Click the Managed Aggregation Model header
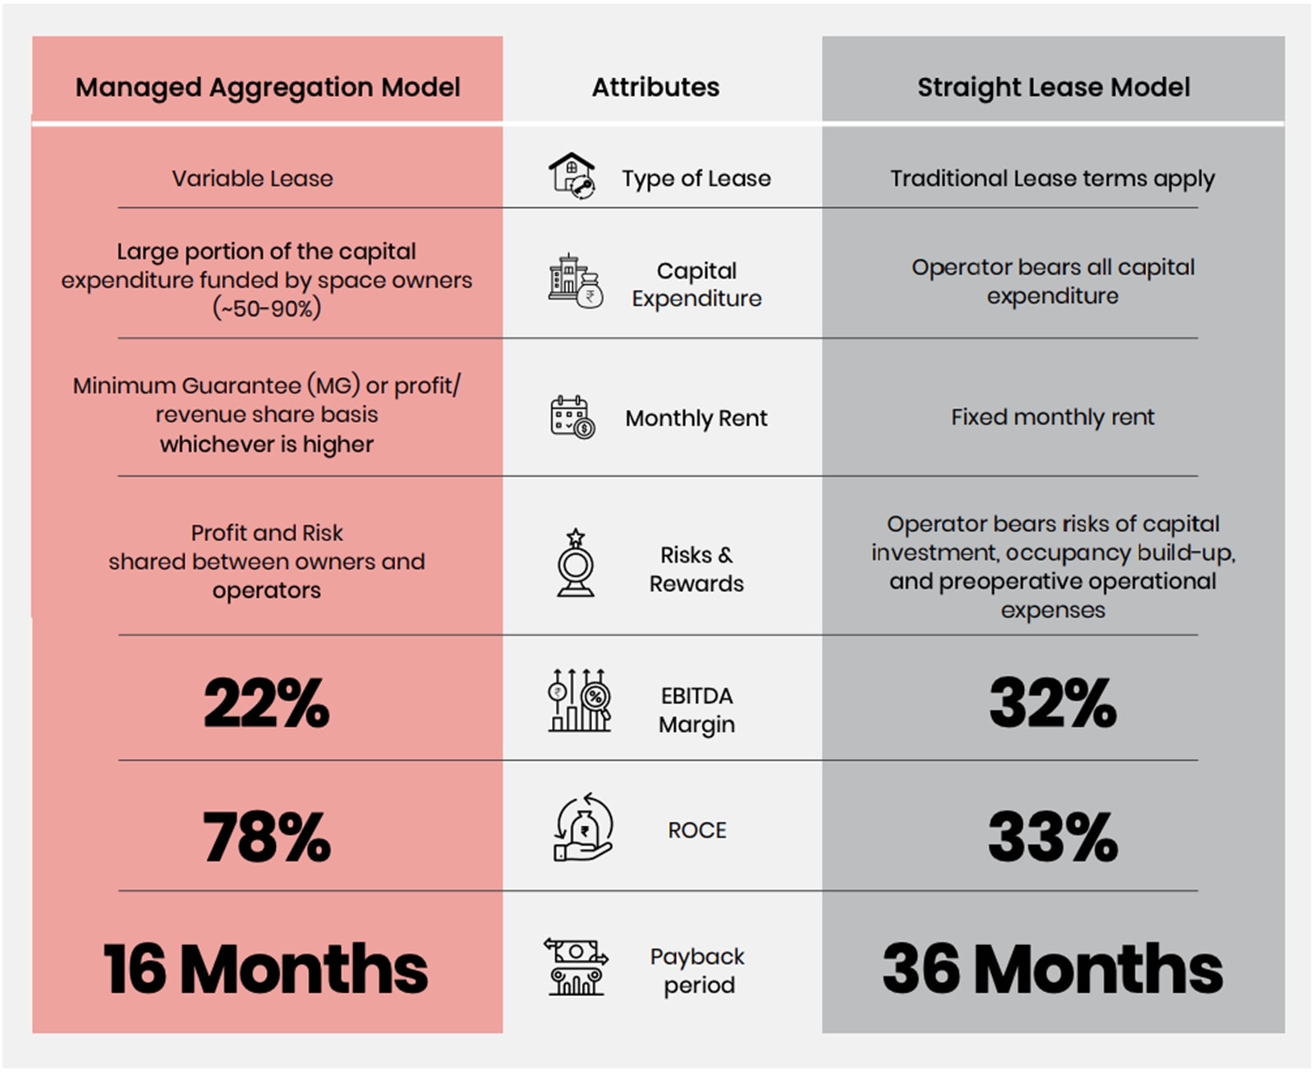pos(268,87)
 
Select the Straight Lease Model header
pos(1053,87)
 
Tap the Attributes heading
pos(655,87)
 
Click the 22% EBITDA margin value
pos(267,704)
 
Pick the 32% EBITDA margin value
pos(1053,704)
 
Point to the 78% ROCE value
pos(267,837)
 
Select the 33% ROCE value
pos(1053,837)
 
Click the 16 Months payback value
pos(266,969)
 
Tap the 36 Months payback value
pos(1053,969)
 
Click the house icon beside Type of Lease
pos(572,176)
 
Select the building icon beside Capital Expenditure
pos(575,282)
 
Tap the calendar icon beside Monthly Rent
pos(572,417)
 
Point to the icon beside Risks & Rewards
pos(576,563)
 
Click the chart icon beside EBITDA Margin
pos(579,700)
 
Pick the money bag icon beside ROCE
pos(583,828)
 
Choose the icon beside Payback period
pos(576,967)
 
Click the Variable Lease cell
pos(253,178)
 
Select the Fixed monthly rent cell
pos(1053,417)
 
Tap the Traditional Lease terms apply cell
pos(1053,178)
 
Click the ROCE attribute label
pos(697,830)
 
